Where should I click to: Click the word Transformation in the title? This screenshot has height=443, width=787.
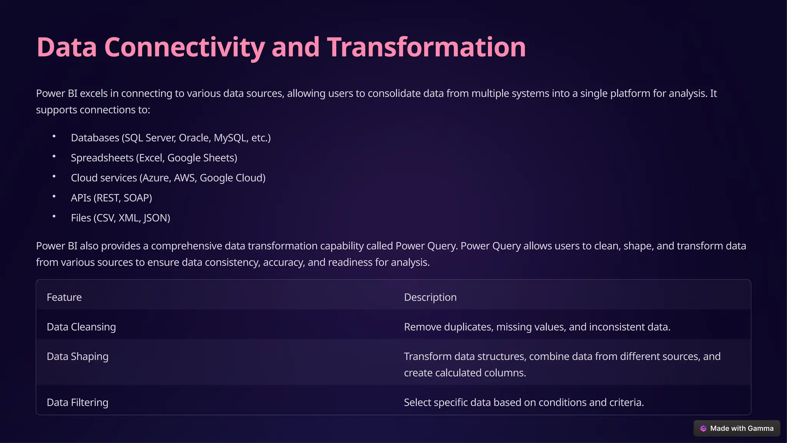pyautogui.click(x=426, y=47)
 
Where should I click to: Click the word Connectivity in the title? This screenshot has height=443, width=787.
pyautogui.click(x=184, y=47)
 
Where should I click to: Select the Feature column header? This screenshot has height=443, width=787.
pyautogui.click(x=64, y=297)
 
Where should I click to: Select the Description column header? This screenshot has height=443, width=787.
pyautogui.click(x=430, y=297)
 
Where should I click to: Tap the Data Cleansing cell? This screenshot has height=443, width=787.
pyautogui.click(x=81, y=327)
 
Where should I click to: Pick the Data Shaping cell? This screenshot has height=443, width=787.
pyautogui.click(x=77, y=356)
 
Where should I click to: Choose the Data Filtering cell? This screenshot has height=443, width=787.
pyautogui.click(x=77, y=402)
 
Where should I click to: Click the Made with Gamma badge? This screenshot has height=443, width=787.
pyautogui.click(x=737, y=428)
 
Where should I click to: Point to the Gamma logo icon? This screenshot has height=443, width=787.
pyautogui.click(x=703, y=428)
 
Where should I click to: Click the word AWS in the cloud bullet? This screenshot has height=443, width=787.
pyautogui.click(x=184, y=178)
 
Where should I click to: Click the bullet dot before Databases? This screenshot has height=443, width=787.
pyautogui.click(x=54, y=136)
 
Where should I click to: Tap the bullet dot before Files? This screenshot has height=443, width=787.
pyautogui.click(x=54, y=216)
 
